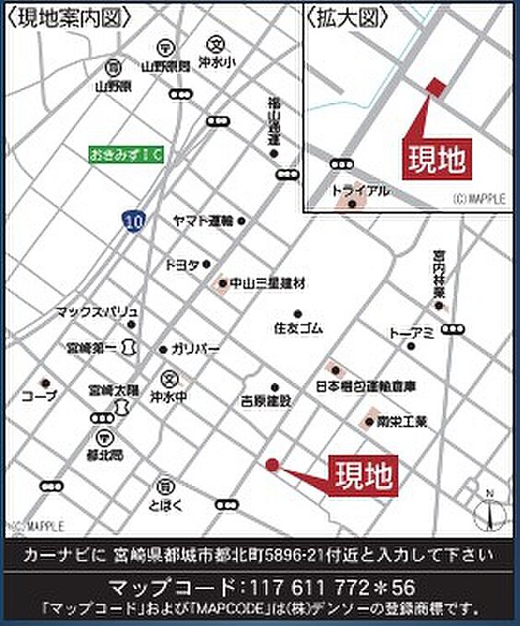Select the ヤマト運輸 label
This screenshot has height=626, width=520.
tap(202, 220)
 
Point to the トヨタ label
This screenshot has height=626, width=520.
tap(181, 264)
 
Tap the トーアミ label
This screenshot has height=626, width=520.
tap(410, 333)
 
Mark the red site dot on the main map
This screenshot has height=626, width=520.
tap(272, 464)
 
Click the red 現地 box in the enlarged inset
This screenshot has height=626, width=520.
tap(437, 158)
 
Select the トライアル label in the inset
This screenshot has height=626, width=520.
tap(361, 191)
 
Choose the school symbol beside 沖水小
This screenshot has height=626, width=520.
tap(214, 44)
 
